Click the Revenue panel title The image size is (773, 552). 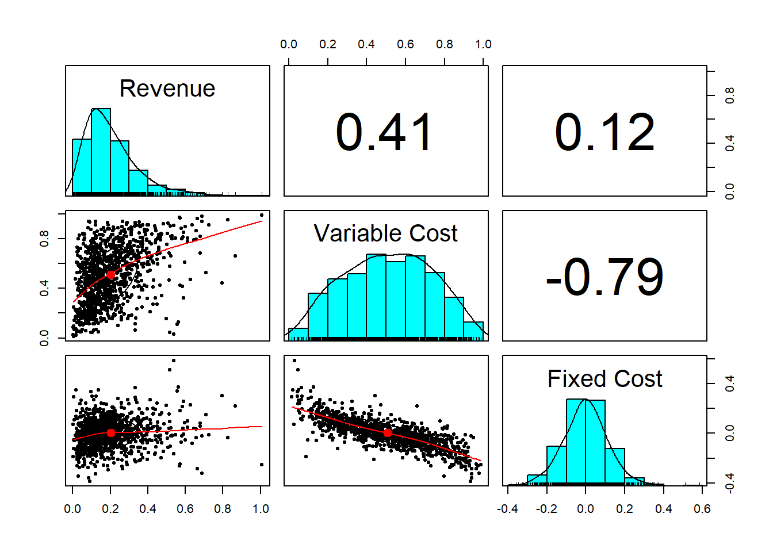tap(167, 89)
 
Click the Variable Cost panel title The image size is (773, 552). tap(385, 233)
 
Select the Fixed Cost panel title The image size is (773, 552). tap(604, 379)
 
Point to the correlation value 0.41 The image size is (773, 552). tap(384, 133)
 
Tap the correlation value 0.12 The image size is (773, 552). tap(604, 133)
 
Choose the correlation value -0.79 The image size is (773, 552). tap(604, 278)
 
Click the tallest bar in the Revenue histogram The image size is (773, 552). tap(101, 151)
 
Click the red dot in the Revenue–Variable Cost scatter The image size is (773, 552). tap(110, 275)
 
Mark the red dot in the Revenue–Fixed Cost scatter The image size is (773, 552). tap(110, 433)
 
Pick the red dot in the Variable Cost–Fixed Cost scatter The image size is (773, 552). tap(388, 432)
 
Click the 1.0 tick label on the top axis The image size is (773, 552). tap(483, 44)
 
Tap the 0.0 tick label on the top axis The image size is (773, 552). tap(289, 44)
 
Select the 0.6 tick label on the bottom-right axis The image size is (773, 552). tap(702, 509)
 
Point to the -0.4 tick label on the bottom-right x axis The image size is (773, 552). tap(507, 509)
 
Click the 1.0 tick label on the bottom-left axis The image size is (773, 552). tap(261, 509)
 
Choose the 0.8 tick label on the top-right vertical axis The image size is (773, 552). tap(730, 95)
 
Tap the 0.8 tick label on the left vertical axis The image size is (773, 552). tap(44, 239)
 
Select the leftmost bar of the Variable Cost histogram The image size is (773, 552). tap(298, 333)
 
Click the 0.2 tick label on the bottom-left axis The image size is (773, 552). tap(110, 509)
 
